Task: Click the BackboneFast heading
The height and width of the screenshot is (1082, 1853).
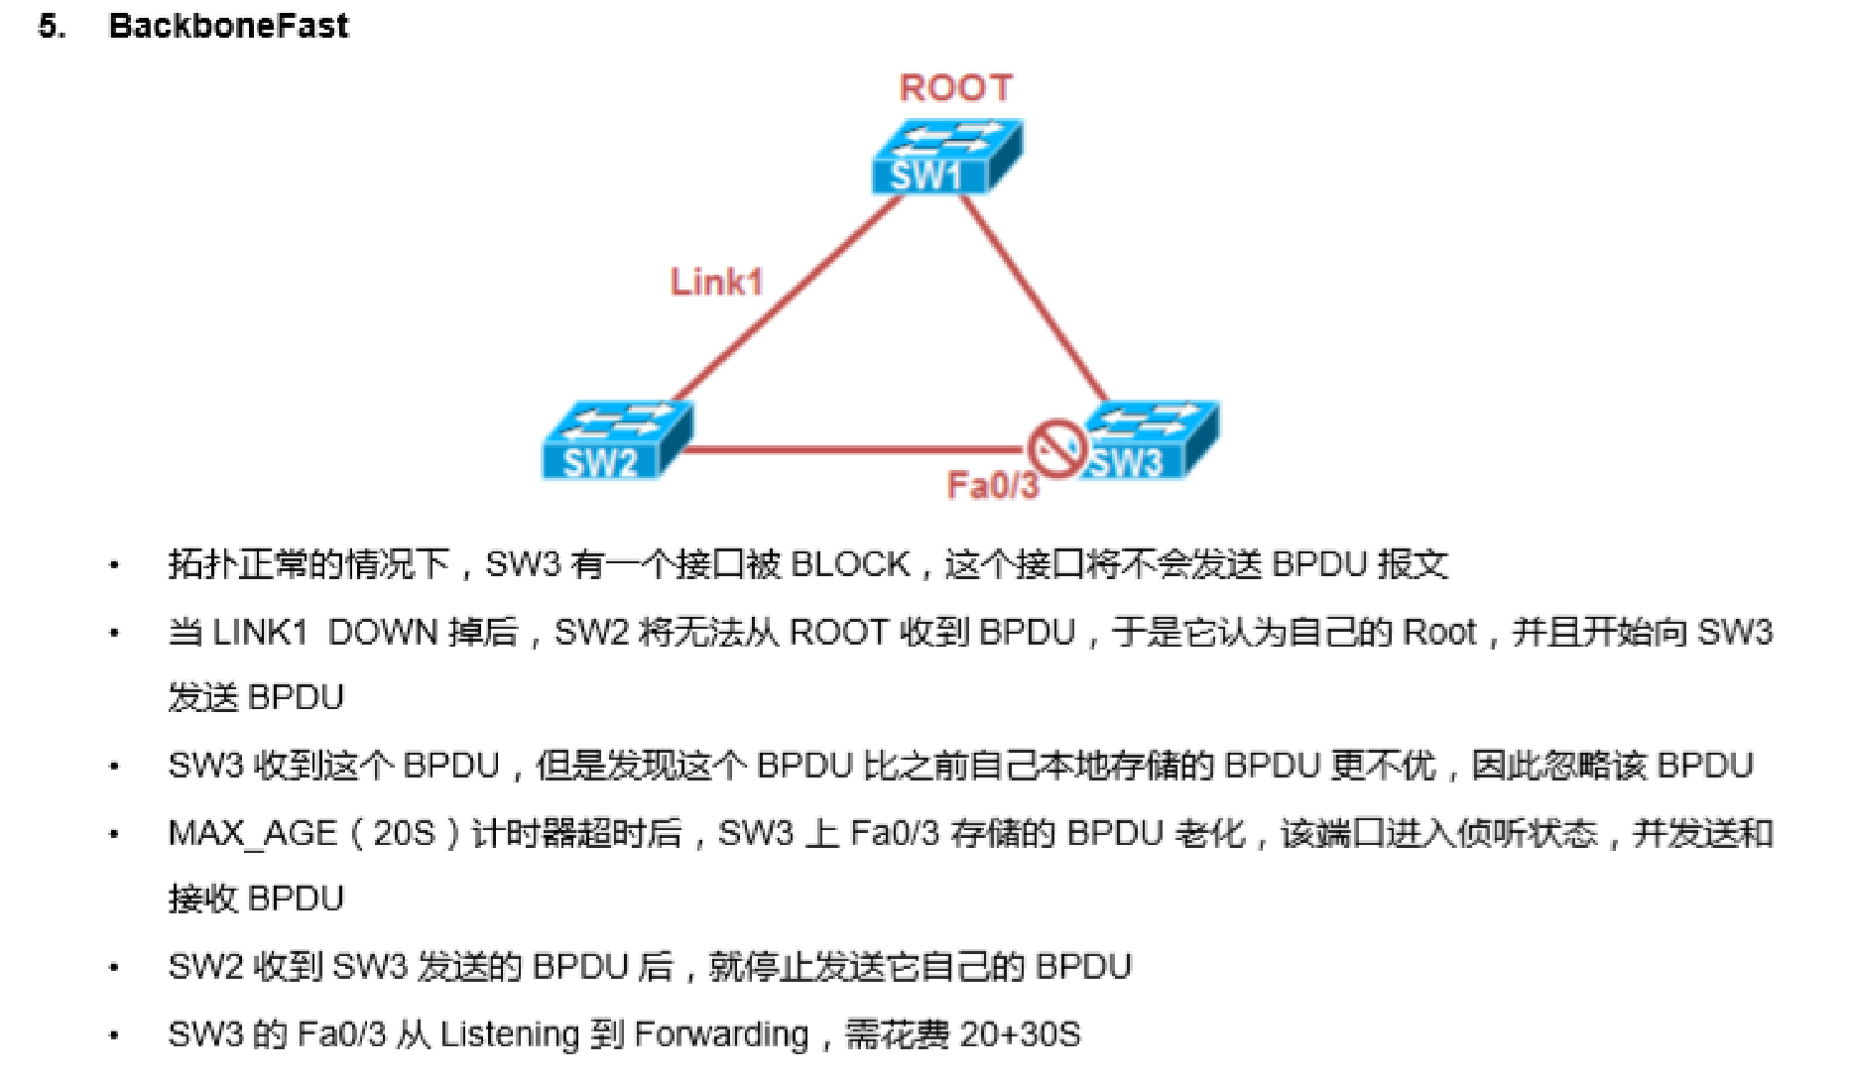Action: coord(228,25)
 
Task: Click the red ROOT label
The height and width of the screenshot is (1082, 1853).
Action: coord(955,88)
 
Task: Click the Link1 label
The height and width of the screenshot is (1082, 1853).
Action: coord(716,282)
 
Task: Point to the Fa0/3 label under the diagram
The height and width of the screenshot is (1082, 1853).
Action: coord(992,486)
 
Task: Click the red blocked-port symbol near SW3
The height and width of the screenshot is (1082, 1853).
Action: coord(1055,449)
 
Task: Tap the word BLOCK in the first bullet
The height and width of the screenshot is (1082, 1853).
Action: coord(850,564)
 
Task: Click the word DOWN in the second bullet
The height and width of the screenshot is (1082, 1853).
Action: coord(382,632)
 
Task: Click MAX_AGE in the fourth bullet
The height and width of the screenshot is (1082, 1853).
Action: coord(252,833)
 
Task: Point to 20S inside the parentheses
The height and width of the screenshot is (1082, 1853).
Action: coord(404,833)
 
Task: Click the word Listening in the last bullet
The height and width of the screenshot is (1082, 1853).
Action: coord(509,1034)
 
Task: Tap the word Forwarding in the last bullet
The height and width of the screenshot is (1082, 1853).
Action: coord(721,1034)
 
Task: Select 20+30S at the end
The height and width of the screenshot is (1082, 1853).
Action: coord(1020,1034)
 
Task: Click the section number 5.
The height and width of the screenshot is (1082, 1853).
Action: coord(52,26)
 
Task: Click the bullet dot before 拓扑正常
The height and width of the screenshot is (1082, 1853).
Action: coord(114,566)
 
